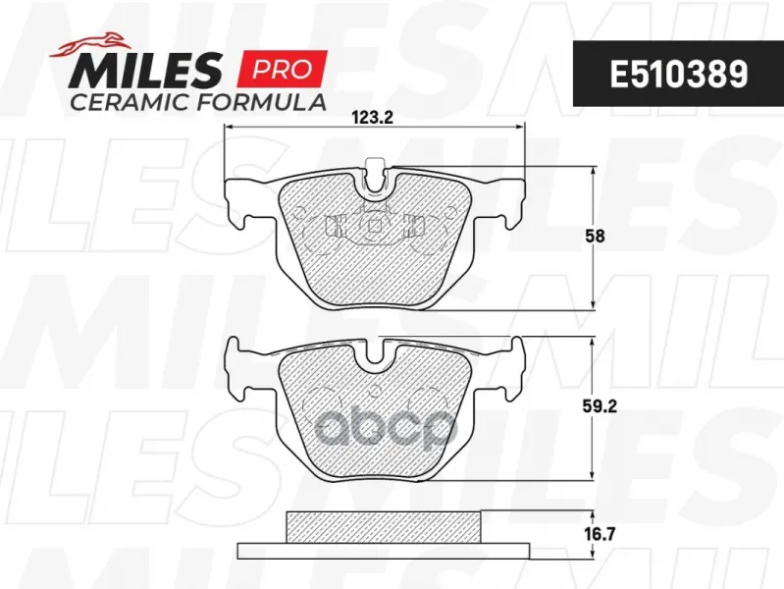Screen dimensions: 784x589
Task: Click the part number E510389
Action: coord(678,75)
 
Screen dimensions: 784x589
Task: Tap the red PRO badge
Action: coord(283,68)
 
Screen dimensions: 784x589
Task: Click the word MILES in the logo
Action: coord(145,71)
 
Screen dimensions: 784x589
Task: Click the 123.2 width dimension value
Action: coord(374,118)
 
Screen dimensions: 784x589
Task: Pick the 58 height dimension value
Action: coord(595,236)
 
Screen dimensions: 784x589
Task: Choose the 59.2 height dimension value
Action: coord(600,406)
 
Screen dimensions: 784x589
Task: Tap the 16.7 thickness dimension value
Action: coord(599,534)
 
